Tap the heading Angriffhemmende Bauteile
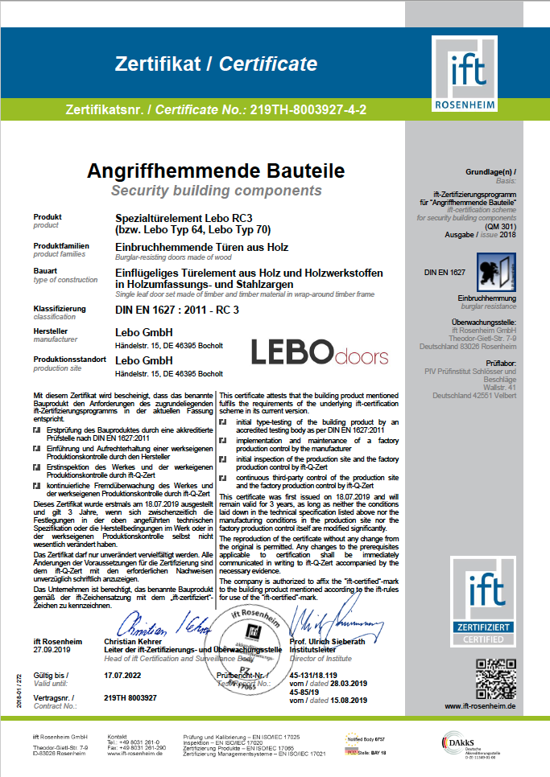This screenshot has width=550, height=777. point(217,171)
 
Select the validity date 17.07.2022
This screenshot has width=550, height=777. point(123,676)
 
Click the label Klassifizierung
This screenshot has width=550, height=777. point(60,309)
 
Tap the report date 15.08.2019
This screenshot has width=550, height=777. point(349,701)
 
